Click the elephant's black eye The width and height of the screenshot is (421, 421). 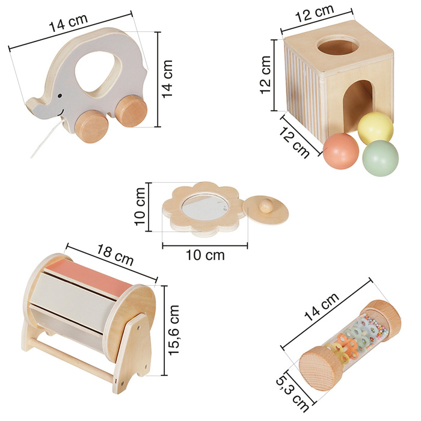60,96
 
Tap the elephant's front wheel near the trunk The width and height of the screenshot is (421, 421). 91,126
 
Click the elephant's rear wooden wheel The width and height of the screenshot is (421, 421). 131,111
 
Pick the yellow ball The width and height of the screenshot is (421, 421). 375,128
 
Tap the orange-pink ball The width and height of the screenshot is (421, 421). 341,151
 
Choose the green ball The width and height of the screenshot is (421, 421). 380,158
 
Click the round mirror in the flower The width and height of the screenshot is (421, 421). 204,207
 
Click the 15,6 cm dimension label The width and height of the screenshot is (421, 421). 173,330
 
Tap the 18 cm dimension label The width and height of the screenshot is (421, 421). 115,254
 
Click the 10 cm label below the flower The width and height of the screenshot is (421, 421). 205,255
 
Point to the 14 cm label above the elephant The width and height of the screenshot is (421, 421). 68,23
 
